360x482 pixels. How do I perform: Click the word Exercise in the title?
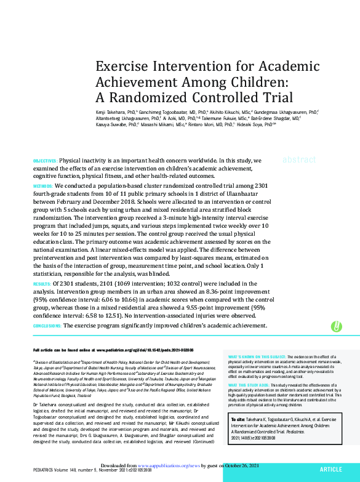[126, 67]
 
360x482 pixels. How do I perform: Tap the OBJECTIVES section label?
[45, 161]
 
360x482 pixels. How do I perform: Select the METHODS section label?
[42, 185]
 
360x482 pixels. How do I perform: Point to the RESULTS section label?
[42, 284]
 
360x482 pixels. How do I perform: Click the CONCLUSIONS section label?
[47, 325]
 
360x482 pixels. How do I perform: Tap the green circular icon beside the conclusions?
[337, 326]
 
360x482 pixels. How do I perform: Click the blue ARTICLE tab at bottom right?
[330, 469]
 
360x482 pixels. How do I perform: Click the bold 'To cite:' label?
[239, 418]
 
